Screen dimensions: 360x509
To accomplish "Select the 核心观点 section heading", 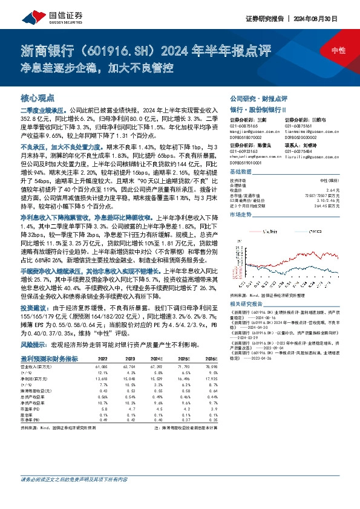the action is [38, 97].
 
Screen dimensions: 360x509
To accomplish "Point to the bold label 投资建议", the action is [34, 308].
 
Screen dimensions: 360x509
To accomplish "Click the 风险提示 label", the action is [34, 343].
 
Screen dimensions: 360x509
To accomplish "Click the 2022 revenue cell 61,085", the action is [100, 366].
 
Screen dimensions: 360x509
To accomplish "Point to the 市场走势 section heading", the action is [241, 214].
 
